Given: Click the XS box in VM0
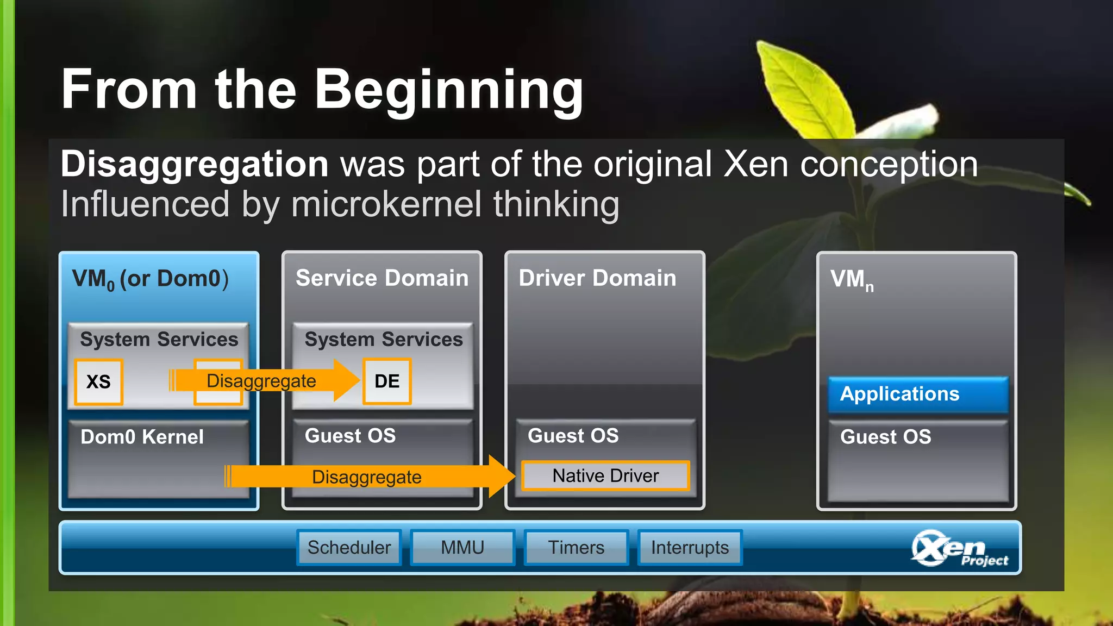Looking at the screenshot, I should [x=98, y=381].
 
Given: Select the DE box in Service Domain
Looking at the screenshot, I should [x=387, y=381].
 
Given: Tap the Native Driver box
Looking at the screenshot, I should [x=605, y=476].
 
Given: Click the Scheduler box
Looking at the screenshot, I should [x=349, y=547].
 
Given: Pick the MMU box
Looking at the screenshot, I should [x=462, y=547].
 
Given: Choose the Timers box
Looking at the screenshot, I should [x=576, y=547].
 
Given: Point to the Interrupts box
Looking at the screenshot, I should [x=690, y=547].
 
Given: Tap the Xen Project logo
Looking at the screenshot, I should [x=959, y=549].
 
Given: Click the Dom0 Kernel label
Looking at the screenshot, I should [x=142, y=437].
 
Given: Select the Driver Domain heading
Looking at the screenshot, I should [x=597, y=278].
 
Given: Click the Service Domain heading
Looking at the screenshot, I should [x=382, y=278].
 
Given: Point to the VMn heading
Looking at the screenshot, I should [x=852, y=280].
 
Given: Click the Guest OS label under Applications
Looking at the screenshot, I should [x=885, y=437].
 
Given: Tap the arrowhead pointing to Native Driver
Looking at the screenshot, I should [x=501, y=477].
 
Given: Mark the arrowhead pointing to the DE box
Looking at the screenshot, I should [x=346, y=380].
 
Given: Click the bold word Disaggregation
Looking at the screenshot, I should [x=194, y=164].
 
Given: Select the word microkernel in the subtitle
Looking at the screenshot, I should [x=386, y=204].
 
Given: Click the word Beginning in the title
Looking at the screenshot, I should [x=449, y=90].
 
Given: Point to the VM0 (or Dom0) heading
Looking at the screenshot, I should [x=150, y=279].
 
